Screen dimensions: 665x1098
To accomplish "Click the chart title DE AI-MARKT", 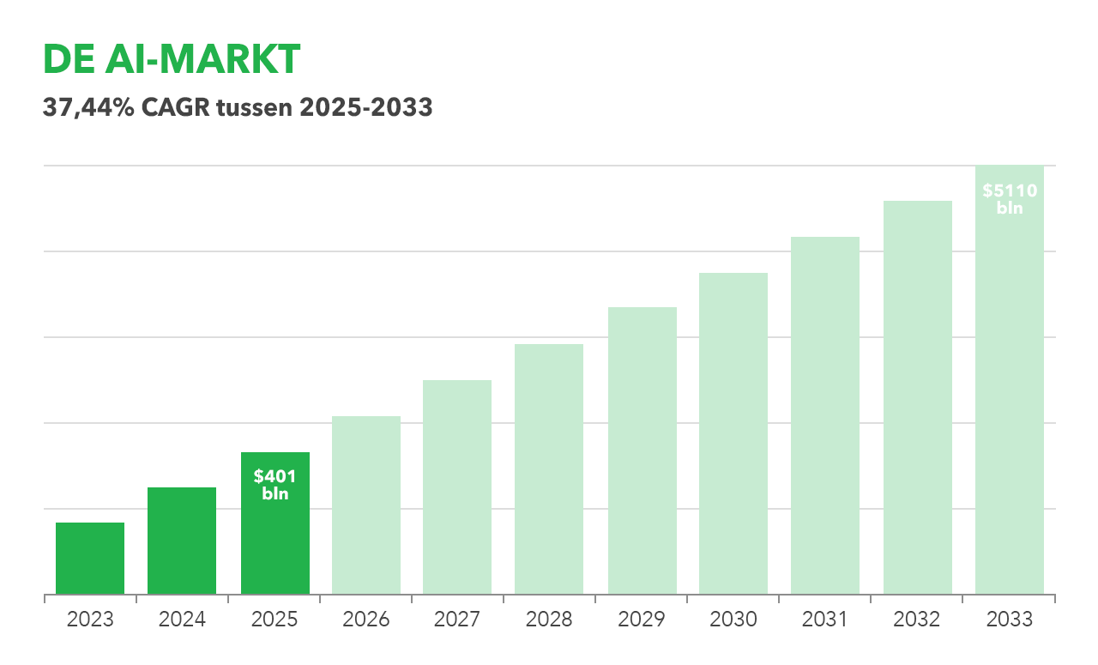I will (x=172, y=60).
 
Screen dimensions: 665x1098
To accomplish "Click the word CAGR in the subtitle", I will (x=169, y=108).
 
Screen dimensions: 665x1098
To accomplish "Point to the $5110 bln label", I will (x=1010, y=199).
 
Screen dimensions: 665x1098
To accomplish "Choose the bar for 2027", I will (x=457, y=487).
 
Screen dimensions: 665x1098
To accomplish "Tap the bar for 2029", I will (x=643, y=450).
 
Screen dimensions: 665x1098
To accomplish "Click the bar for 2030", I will (x=733, y=433).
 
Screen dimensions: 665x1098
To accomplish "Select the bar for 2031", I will (x=825, y=415).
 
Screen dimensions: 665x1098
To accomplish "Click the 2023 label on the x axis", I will (x=90, y=620).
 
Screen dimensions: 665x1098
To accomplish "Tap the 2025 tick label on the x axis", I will (x=274, y=620).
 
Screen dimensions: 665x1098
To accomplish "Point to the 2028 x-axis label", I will (x=549, y=620).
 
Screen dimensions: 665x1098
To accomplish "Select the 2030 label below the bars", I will (x=733, y=620).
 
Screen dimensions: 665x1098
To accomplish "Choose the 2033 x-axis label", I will (x=1010, y=620).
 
